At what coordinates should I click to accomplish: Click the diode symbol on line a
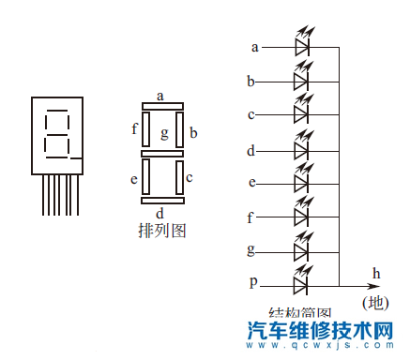(301, 46)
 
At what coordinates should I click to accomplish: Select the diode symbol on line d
(301, 150)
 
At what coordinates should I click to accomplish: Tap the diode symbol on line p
(301, 281)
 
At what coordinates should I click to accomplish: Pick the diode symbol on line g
(301, 250)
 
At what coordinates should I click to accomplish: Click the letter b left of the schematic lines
(251, 82)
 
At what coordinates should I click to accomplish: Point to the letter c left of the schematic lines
(251, 114)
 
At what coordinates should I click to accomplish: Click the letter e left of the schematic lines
(251, 182)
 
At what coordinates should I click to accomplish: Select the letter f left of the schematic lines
(251, 217)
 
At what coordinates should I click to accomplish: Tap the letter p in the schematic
(253, 281)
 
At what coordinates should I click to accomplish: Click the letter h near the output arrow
(376, 273)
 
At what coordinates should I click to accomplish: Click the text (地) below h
(375, 303)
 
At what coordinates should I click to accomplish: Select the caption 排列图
(161, 229)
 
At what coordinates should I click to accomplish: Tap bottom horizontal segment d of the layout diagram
(161, 200)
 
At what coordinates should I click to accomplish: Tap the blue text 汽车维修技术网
(324, 331)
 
